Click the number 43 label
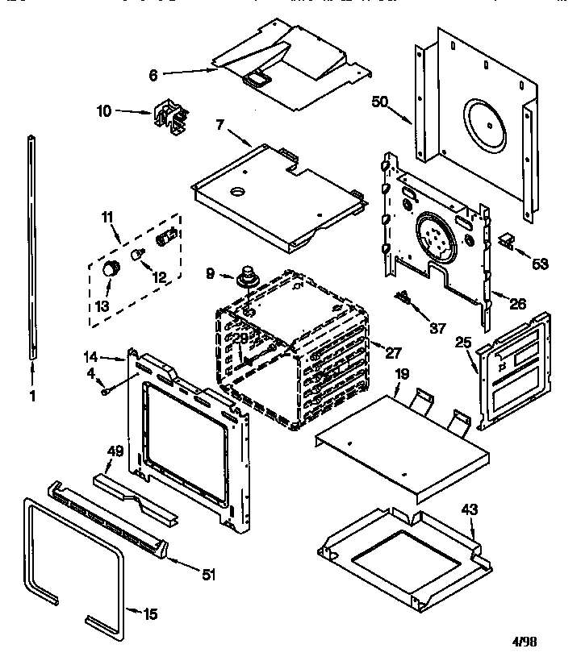coord(470,509)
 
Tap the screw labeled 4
coord(106,392)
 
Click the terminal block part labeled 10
coord(169,118)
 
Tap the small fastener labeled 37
coord(403,299)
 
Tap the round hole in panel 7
coord(239,192)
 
